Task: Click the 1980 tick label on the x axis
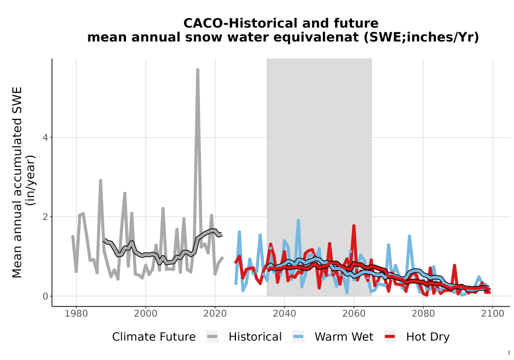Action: coord(77,313)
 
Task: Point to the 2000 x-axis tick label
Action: coord(145,313)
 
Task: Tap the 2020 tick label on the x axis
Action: coord(215,313)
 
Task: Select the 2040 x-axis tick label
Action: coord(285,313)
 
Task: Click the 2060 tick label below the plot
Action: coord(354,313)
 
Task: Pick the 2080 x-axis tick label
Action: coord(423,313)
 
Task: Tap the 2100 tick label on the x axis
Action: coord(492,313)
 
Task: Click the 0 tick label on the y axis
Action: coord(45,296)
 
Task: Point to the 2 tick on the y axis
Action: coord(45,217)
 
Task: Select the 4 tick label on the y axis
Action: coord(45,137)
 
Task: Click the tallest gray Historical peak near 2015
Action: coord(198,69)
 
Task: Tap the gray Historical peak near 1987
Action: coord(101,181)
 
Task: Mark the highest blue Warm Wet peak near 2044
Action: coord(298,220)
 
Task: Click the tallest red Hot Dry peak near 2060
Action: coord(354,226)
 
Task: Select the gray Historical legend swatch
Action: coord(212,337)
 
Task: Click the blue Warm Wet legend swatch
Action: coord(298,337)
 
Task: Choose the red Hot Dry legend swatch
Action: coord(390,337)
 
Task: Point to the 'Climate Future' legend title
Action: coord(154,337)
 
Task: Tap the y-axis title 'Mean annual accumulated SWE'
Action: coord(17,182)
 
